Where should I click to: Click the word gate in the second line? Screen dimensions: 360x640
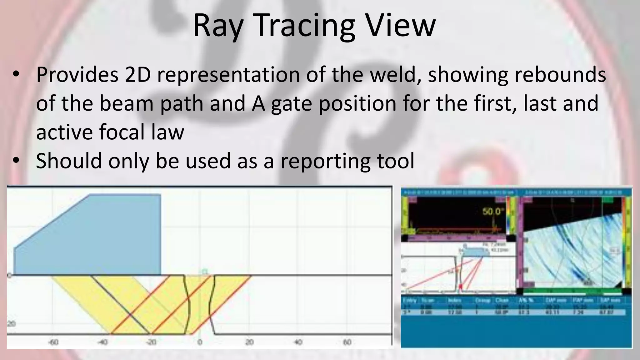[291, 103]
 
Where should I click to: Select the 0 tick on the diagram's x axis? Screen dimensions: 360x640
[200, 342]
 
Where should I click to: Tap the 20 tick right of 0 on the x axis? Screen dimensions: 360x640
[249, 342]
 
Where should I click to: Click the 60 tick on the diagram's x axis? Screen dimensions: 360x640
[347, 342]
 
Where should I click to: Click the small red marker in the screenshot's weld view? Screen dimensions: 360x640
[460, 286]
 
